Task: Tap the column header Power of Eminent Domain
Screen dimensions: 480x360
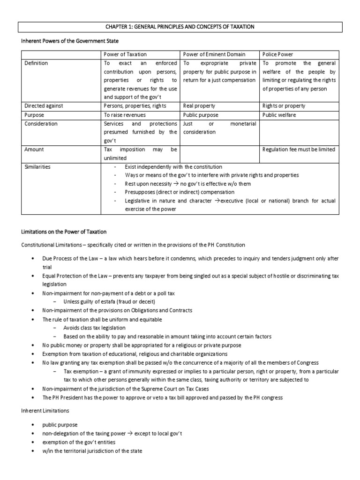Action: (x=214, y=54)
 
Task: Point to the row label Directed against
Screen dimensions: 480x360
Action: (x=44, y=106)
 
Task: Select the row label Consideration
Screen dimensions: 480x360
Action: (x=41, y=124)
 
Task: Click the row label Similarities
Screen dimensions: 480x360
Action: (x=38, y=167)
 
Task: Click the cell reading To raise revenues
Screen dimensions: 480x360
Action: (x=125, y=115)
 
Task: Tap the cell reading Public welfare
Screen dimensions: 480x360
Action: (x=279, y=115)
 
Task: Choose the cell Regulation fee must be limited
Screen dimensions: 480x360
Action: (x=299, y=150)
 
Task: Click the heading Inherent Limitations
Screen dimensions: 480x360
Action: (x=45, y=410)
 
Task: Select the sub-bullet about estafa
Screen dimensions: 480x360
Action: (x=109, y=301)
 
